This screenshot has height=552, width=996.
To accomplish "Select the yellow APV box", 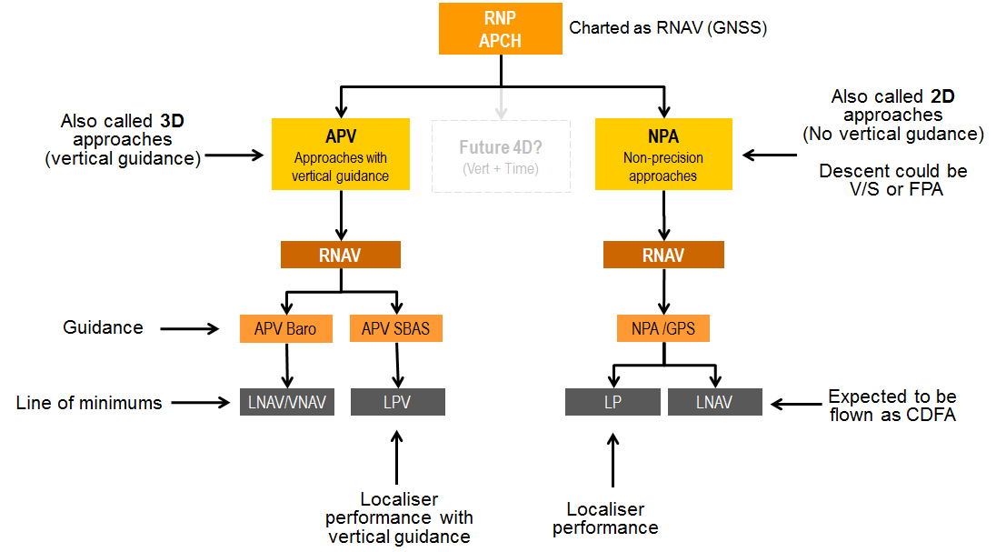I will pos(340,155).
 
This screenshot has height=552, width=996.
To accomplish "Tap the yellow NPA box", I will pos(663,155).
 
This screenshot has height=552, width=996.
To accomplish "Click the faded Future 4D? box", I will pos(501,156).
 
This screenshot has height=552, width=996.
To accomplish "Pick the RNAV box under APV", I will pos(340,256).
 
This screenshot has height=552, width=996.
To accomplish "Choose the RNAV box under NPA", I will pos(663,256).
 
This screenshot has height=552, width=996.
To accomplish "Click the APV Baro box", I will pos(285,328).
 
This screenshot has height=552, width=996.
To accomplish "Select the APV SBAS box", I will pos(396,328).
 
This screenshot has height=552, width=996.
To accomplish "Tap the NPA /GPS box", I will pos(663,328).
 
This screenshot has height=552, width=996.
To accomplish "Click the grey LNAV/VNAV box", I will pos(287,402).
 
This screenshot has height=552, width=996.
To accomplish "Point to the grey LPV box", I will pos(397,402).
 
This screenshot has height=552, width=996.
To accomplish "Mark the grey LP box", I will pos(613,402).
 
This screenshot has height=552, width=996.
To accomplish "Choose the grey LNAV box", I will pos(715,402).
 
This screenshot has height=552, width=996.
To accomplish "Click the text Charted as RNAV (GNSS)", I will pos(668,28).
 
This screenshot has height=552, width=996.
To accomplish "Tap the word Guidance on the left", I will pos(103,327).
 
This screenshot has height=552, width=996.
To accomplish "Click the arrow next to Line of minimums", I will pos(201,402).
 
